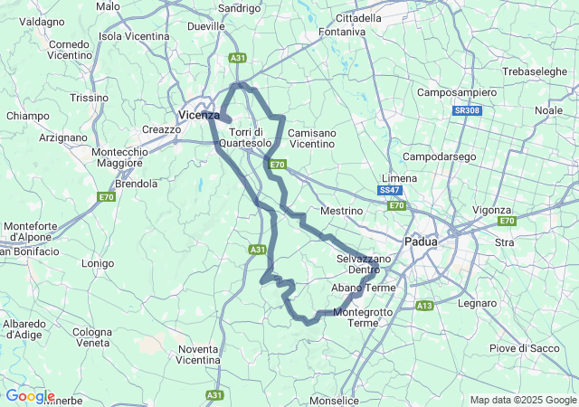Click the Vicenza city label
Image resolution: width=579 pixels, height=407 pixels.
coord(199,115)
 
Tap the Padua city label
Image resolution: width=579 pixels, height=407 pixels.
coord(420,242)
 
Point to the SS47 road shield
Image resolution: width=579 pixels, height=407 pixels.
coord(390,191)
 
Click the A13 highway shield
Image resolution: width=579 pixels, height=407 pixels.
coord(424,307)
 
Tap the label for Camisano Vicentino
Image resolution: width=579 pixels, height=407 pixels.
coord(311,138)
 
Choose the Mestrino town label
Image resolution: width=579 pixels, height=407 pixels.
coord(341,211)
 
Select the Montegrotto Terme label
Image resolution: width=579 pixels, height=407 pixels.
coord(363,317)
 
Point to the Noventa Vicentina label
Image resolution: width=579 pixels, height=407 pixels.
coord(198,355)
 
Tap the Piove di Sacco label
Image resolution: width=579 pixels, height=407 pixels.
coord(520,348)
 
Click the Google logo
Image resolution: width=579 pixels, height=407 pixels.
coord(30,396)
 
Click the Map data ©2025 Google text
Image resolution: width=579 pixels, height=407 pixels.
coord(522,400)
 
